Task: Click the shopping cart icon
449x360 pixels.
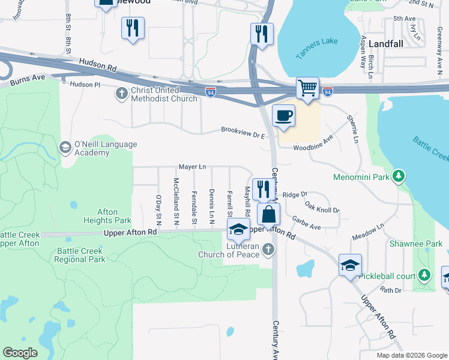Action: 307,88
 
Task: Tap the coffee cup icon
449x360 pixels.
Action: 283,115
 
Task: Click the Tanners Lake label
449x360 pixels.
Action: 316,49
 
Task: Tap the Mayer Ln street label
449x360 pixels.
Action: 192,167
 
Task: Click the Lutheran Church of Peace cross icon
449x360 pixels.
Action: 268,249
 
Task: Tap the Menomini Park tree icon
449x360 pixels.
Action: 397,176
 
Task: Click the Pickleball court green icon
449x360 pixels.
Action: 425,275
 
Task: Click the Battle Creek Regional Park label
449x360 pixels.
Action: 79,255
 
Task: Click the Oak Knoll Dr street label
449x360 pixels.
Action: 322,208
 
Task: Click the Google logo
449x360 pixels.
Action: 20,353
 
